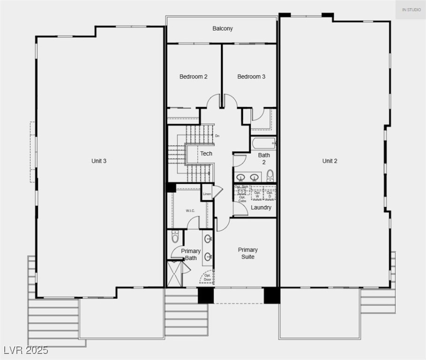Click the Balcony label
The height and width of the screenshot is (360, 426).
tap(222, 29)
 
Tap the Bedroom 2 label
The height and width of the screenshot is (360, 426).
tap(193, 76)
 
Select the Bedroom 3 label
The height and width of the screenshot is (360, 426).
tap(251, 76)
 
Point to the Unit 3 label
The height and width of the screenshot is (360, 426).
tap(99, 161)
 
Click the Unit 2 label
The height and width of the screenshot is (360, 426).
tap(330, 161)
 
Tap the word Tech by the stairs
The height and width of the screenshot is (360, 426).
tap(206, 153)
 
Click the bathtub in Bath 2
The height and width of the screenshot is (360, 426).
tap(263, 142)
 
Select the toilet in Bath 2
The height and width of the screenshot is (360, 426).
tap(270, 176)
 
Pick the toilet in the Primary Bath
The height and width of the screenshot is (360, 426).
tap(175, 237)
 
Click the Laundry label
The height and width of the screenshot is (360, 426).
tap(261, 207)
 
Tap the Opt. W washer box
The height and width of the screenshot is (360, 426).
tap(257, 194)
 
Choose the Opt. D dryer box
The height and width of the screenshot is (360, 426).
tap(270, 194)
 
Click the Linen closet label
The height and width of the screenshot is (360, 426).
tap(207, 194)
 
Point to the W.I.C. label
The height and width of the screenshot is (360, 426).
tap(190, 210)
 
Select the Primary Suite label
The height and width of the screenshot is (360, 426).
tap(248, 253)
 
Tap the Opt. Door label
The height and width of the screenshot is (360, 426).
tap(207, 277)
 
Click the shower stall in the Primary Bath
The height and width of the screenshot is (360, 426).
tap(175, 274)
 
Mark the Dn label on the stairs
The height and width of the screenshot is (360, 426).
tap(217, 136)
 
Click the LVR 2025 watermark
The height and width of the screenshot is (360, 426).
tap(26, 350)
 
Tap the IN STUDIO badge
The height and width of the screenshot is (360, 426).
tap(411, 10)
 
